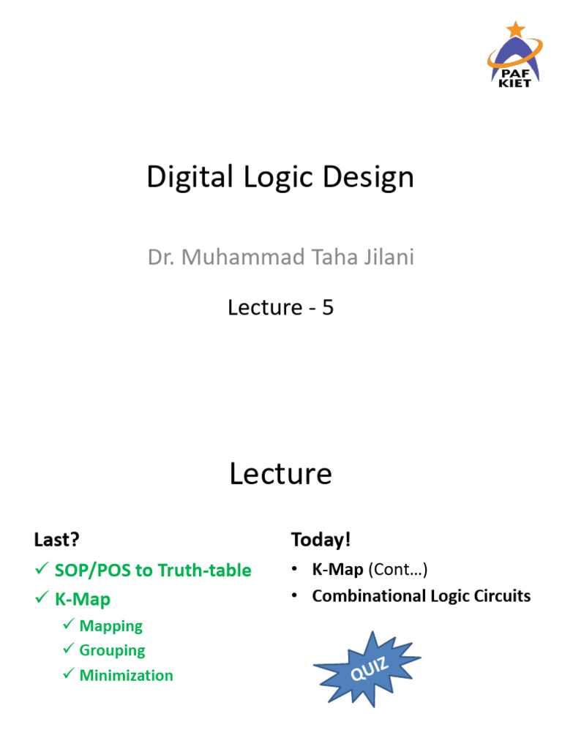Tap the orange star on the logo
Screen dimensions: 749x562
pyautogui.click(x=517, y=29)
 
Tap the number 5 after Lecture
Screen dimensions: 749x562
pyautogui.click(x=328, y=308)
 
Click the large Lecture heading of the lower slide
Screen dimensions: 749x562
pyautogui.click(x=280, y=474)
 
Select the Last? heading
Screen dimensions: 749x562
pyautogui.click(x=56, y=540)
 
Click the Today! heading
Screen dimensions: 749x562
pyautogui.click(x=321, y=540)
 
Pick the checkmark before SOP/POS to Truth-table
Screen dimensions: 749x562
pyautogui.click(x=42, y=569)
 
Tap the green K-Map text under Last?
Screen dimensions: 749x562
pyautogui.click(x=83, y=599)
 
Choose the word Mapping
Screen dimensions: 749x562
pyautogui.click(x=110, y=626)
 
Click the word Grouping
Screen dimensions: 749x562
pyautogui.click(x=112, y=650)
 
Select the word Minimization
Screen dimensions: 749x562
pyautogui.click(x=126, y=675)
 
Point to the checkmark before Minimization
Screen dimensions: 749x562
pyautogui.click(x=69, y=674)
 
